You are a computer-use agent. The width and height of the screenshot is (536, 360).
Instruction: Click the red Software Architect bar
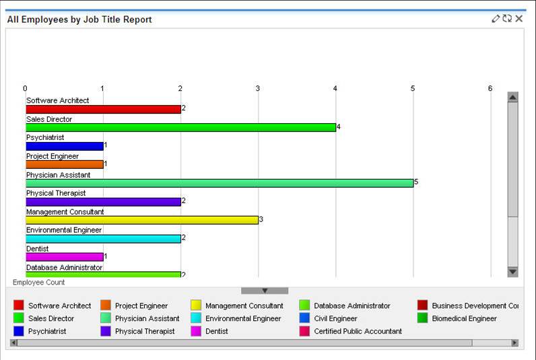click(x=103, y=109)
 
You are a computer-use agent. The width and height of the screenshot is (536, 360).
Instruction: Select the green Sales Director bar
click(x=181, y=128)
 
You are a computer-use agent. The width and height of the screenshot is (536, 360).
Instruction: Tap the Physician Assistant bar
click(x=220, y=183)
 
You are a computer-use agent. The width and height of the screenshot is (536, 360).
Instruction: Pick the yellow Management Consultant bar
click(x=142, y=220)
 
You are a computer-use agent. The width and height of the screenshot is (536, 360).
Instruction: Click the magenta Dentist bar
click(x=65, y=257)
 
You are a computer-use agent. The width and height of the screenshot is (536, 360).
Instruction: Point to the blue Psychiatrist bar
click(x=65, y=146)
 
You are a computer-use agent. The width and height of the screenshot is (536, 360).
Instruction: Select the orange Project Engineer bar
click(x=65, y=165)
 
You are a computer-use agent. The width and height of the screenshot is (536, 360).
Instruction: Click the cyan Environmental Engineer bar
click(x=103, y=239)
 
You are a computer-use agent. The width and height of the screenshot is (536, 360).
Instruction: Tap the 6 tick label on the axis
click(x=490, y=88)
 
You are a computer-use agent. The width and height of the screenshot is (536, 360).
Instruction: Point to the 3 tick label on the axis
click(x=258, y=88)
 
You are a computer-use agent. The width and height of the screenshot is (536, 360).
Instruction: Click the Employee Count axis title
click(x=38, y=283)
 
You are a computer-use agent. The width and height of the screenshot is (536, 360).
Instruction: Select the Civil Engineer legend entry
click(x=329, y=318)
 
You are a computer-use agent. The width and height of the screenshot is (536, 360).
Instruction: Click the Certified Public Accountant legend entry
click(x=351, y=331)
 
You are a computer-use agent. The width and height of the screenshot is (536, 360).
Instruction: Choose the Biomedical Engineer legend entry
click(x=457, y=318)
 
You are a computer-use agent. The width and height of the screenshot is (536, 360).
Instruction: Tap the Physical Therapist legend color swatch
click(x=106, y=331)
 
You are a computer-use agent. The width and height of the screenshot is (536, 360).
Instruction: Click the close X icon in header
click(x=519, y=18)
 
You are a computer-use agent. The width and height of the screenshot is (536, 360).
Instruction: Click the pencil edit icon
click(x=496, y=18)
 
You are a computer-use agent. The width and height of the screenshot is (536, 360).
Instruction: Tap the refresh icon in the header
click(x=507, y=18)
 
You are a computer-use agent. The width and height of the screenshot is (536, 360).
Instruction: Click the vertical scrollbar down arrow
click(x=512, y=272)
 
